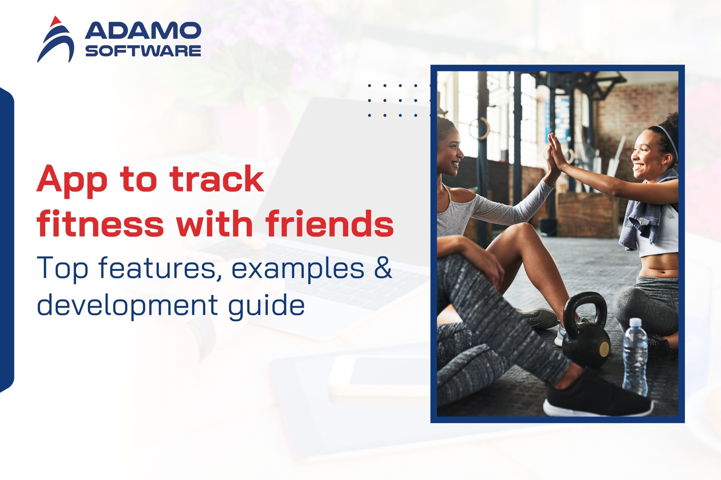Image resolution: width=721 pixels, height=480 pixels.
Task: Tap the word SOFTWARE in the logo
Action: [143, 51]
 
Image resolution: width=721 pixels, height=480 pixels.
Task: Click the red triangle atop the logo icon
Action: [55, 21]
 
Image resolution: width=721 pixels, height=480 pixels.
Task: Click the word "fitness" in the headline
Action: [101, 223]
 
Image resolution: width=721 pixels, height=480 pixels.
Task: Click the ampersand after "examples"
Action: [383, 268]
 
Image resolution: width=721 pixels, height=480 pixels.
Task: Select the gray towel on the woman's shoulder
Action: [644, 211]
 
